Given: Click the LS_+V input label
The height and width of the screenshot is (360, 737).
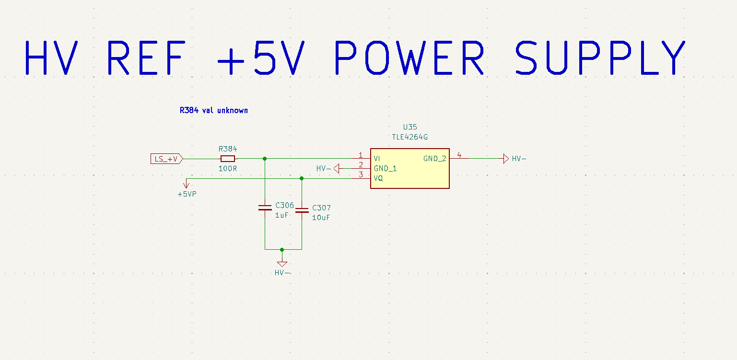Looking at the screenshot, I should [166, 159].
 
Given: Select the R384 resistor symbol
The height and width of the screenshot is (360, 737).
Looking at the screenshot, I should [227, 159].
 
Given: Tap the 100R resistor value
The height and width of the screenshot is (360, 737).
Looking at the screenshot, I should [227, 169].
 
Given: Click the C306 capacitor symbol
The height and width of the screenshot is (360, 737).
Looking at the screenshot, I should [265, 208].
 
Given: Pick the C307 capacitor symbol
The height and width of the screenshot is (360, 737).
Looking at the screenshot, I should [302, 210].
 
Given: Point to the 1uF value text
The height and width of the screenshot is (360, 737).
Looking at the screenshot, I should [282, 215].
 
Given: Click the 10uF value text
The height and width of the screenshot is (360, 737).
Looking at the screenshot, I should [321, 218].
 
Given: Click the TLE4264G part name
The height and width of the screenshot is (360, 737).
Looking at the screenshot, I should [409, 137].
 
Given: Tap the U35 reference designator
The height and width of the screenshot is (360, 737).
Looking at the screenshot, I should [409, 128].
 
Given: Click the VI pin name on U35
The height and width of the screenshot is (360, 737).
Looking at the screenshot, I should [377, 158].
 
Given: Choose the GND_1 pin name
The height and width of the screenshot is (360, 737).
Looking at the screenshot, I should [385, 169].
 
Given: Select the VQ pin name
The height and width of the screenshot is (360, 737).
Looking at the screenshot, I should [378, 178].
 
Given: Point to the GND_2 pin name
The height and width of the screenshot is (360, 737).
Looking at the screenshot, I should [435, 159].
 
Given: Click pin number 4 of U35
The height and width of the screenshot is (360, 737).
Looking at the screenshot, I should [459, 155].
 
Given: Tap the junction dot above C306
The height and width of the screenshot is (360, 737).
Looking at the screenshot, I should [265, 159].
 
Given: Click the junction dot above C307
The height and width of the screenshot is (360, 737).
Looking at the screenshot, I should [302, 178].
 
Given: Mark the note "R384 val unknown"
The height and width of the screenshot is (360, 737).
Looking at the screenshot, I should [214, 110].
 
